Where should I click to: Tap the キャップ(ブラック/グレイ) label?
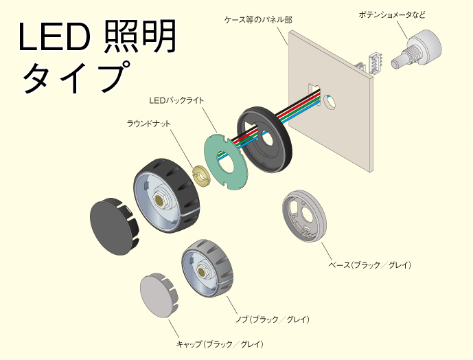point(220,344)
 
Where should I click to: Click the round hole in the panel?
point(330,101)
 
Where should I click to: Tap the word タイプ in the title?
point(76,77)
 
